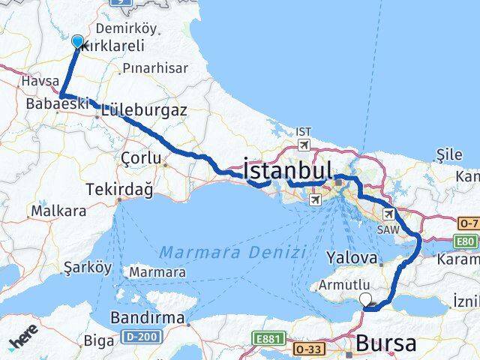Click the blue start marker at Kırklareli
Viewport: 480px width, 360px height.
coord(77,41)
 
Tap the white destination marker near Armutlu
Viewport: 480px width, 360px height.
coord(366,299)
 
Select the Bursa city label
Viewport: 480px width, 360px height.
coord(387,343)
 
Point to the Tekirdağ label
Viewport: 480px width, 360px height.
coord(120,190)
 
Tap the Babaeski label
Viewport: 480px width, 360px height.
coord(56,103)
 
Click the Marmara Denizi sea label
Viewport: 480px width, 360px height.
coord(233,252)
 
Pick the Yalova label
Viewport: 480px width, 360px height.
coord(352,257)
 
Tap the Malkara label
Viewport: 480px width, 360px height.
coord(57,211)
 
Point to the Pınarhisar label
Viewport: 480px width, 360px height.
coord(155,68)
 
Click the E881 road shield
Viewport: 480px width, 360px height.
coord(268,338)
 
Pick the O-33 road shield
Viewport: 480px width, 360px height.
coord(309,349)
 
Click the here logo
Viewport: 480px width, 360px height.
coord(23,341)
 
